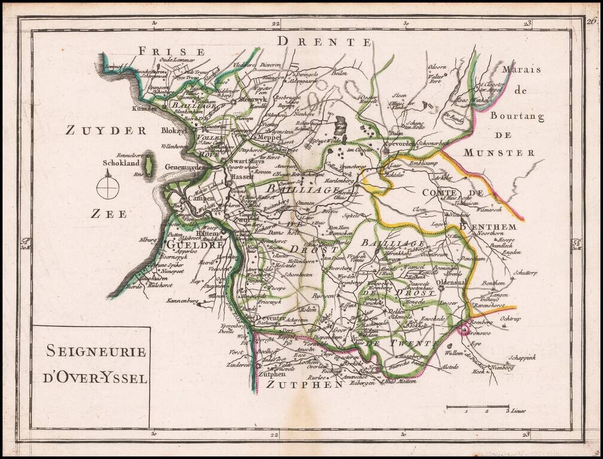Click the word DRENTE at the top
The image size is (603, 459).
(x=325, y=41)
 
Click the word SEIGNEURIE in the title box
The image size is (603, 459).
(x=96, y=351)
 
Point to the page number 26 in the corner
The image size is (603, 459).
(x=592, y=22)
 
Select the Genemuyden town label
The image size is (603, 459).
(x=185, y=168)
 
